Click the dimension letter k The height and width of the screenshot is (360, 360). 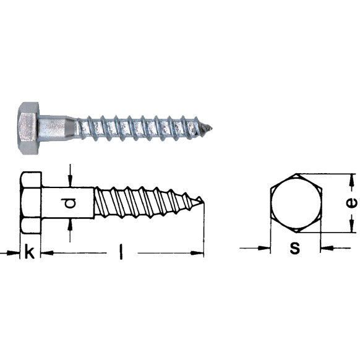coord(29,252)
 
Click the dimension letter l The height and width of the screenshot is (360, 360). coord(121,253)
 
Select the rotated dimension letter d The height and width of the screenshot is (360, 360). coord(71,203)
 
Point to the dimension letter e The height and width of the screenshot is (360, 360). coord(351,203)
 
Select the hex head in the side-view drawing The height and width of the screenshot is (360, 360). coord(31,202)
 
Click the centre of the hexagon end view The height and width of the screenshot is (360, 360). coord(296,204)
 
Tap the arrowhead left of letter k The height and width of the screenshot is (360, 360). coord(15,252)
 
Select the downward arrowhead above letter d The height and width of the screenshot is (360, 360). coord(71,182)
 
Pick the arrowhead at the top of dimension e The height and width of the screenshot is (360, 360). coord(351,178)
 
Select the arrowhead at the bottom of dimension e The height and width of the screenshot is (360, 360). coord(351,228)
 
